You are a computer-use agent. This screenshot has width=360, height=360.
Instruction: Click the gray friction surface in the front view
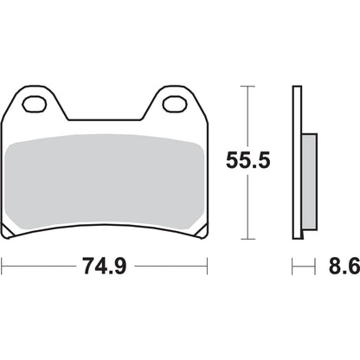(x=106, y=177)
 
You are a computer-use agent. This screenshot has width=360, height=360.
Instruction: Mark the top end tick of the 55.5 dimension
(x=249, y=87)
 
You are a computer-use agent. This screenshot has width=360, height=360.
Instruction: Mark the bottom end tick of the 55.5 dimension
(x=249, y=239)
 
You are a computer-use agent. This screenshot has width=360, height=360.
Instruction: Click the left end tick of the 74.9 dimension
(x=3, y=267)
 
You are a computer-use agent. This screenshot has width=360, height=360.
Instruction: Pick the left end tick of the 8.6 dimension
(x=292, y=267)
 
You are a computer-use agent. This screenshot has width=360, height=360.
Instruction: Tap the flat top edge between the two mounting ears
(x=106, y=119)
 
